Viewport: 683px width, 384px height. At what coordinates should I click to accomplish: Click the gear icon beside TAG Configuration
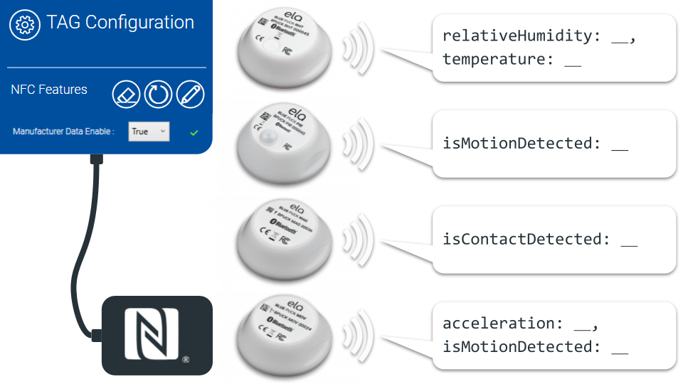tap(24, 23)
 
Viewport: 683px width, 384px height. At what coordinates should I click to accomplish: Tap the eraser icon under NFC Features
tap(126, 94)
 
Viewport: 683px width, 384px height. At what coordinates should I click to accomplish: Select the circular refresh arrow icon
tap(158, 94)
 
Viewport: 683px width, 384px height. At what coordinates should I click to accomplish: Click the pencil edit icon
tap(190, 94)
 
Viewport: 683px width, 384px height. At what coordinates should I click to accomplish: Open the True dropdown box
tap(149, 132)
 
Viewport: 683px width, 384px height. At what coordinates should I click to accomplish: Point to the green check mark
tap(194, 132)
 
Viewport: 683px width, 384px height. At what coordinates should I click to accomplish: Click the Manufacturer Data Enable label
tap(63, 132)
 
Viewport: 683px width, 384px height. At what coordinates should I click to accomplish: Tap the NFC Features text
tap(49, 90)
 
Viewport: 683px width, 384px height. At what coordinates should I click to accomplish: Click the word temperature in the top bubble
tap(492, 59)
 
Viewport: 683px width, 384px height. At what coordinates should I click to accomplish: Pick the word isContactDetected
tap(522, 239)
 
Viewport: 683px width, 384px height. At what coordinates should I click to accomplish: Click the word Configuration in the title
tap(139, 22)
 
